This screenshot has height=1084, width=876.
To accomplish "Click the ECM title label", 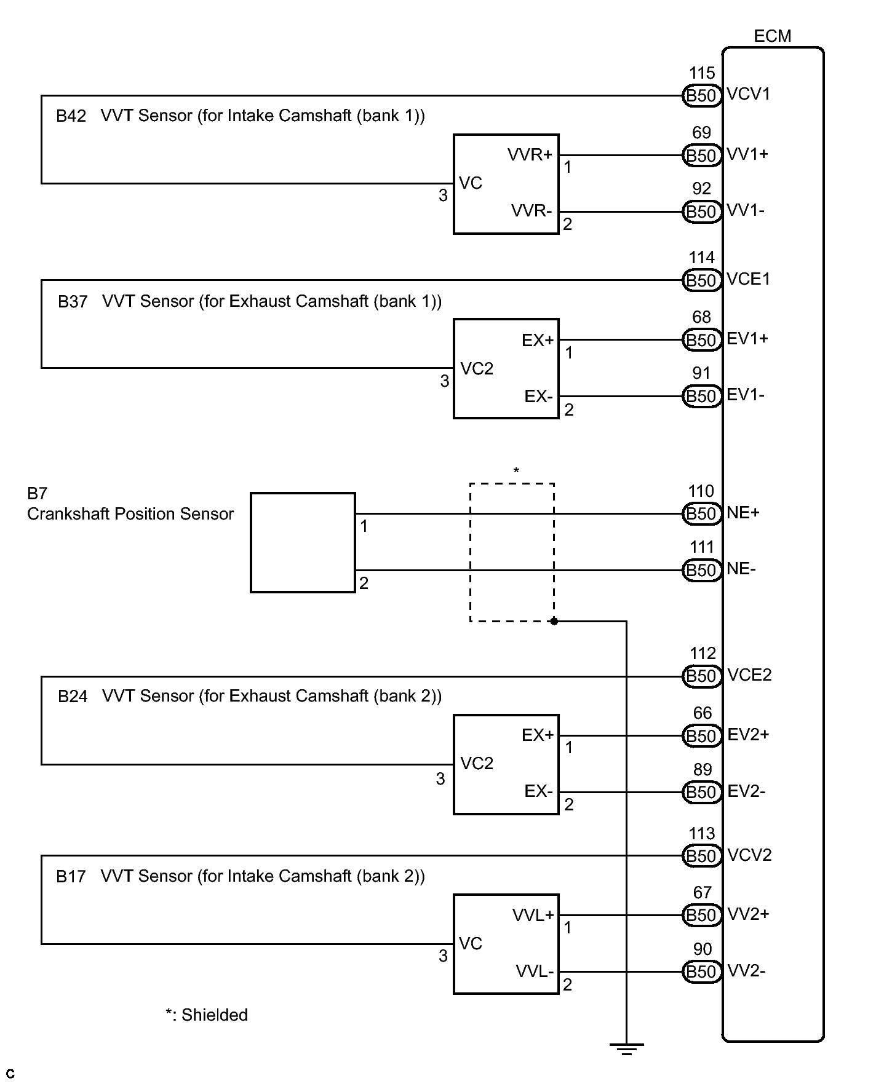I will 772,36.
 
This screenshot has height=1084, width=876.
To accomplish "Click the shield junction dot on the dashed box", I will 554,621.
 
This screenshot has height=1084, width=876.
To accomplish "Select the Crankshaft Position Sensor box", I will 303,542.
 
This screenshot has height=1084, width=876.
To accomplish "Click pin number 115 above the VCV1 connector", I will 701,73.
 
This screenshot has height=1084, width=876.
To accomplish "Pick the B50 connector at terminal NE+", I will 701,513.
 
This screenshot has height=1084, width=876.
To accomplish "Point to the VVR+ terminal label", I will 530,155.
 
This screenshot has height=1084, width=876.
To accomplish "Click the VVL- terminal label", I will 534,971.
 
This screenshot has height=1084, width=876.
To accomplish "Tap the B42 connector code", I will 71,116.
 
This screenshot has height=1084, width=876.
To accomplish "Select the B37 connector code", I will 73,302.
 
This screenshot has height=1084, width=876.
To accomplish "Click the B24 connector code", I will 73,697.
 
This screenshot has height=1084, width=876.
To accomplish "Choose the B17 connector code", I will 71,877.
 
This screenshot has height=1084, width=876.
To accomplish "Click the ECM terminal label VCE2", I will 749,675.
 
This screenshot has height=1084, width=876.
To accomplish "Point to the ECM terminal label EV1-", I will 746,395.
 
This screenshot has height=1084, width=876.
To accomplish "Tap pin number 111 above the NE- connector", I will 701,547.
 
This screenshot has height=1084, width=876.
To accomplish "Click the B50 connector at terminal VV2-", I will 701,971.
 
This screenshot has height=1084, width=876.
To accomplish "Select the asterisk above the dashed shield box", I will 516,472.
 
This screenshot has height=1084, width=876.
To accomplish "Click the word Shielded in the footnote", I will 215,1015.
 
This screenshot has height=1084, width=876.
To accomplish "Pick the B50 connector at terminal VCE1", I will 701,280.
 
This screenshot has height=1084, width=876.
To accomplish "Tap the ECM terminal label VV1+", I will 747,154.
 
